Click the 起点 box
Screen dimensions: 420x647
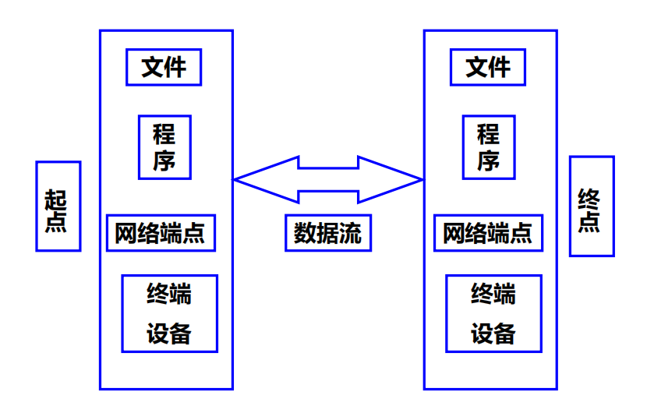[x=58, y=206]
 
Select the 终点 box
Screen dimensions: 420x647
[x=592, y=206]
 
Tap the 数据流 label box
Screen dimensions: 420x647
[x=327, y=233]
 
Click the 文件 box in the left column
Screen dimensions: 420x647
[x=164, y=67]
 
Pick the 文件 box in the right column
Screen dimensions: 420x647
[x=488, y=67]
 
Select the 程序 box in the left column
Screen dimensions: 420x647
[x=164, y=147]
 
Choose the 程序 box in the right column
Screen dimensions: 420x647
[x=489, y=147]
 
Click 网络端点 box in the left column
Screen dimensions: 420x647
[x=161, y=233]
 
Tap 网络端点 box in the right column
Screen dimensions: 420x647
[x=488, y=233]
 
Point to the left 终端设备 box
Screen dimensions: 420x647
[x=169, y=313]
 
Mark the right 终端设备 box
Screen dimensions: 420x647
[x=493, y=313]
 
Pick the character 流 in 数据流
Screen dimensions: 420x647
[x=350, y=233]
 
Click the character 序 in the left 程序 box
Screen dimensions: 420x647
[x=164, y=161]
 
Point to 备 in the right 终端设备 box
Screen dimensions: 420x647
[x=504, y=334]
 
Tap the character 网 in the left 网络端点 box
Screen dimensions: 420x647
[x=126, y=233]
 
